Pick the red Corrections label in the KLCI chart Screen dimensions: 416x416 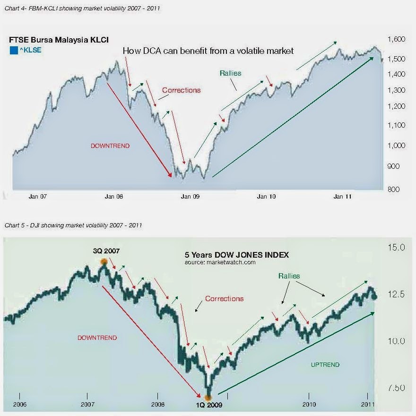tap(181, 90)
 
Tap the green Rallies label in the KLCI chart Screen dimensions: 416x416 tap(230, 73)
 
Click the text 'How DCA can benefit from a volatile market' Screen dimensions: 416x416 tap(208, 51)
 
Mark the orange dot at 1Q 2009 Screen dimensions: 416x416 tap(208, 397)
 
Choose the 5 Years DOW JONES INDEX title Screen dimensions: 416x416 tap(236, 255)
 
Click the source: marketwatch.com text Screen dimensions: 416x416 tap(220, 262)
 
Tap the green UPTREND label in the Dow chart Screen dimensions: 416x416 tap(325, 364)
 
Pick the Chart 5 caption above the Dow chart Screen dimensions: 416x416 tap(73, 225)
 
